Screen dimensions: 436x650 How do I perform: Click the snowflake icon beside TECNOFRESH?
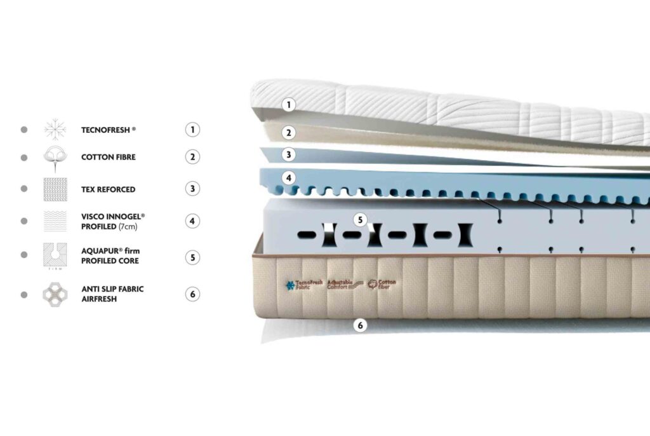[x=55, y=130]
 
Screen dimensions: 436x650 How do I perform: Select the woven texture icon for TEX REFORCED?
[x=55, y=189]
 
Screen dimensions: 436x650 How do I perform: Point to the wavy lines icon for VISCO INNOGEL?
[x=55, y=221]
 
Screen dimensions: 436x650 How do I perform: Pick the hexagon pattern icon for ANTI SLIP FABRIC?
[x=55, y=294]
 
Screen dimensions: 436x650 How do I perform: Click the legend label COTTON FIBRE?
[x=108, y=157]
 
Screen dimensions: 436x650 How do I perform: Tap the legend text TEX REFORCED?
[x=108, y=189]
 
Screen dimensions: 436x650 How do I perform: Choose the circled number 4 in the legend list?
[x=192, y=221]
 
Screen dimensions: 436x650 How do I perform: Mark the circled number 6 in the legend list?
[x=192, y=294]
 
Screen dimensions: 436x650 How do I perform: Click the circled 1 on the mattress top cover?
[x=289, y=104]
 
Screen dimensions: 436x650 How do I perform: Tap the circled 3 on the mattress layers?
[x=289, y=154]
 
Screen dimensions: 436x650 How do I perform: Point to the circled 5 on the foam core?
[x=361, y=221]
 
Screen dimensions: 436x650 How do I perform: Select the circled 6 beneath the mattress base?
[x=361, y=325]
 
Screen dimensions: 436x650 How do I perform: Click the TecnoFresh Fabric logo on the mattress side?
[x=304, y=285]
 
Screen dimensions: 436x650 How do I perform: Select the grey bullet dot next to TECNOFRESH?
[x=24, y=130]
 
